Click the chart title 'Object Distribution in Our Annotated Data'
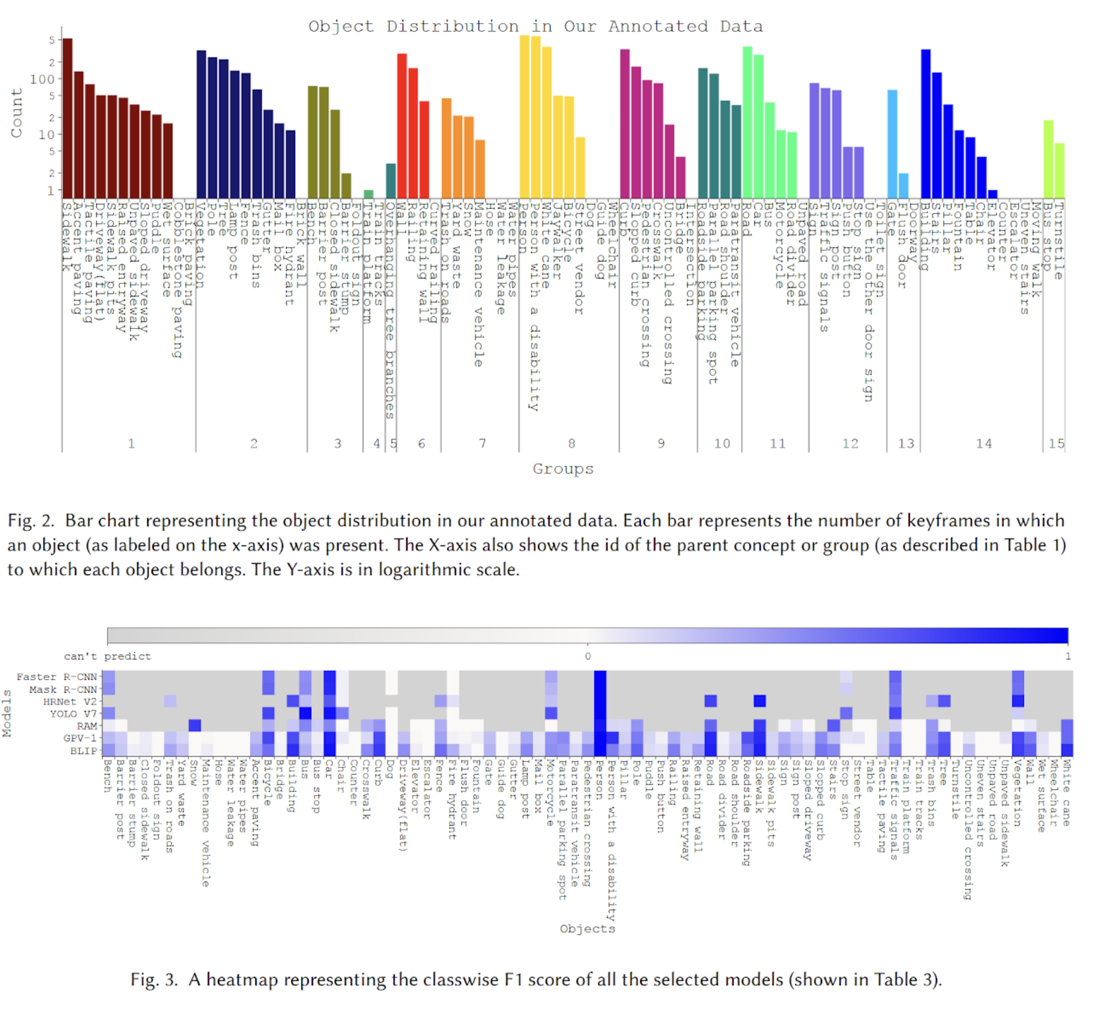(535, 27)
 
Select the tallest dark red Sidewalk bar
(68, 119)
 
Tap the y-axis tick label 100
(42, 79)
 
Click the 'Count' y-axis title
(17, 113)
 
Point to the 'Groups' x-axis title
(562, 469)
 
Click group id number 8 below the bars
(571, 443)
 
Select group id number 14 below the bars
(984, 443)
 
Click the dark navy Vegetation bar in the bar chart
(201, 124)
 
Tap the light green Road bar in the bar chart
(747, 122)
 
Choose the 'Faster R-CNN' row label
(56, 677)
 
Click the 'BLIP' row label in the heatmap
(83, 750)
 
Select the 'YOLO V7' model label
(73, 713)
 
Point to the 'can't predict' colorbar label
(107, 656)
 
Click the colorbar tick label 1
(1067, 656)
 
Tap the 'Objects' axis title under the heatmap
(587, 928)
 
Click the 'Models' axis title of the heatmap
(7, 713)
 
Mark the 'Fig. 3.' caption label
(154, 980)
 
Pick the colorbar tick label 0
(587, 656)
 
